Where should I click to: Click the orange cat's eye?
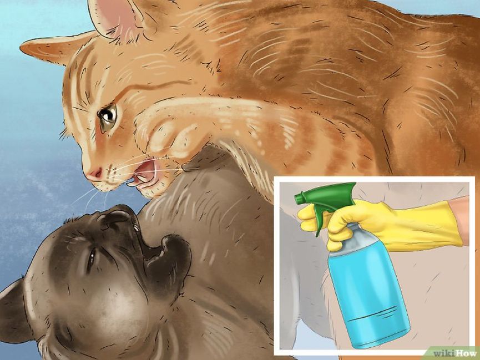point(107,114)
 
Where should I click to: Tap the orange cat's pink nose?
point(94,173)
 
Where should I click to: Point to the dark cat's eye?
point(91,257)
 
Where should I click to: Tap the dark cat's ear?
point(14,311)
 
